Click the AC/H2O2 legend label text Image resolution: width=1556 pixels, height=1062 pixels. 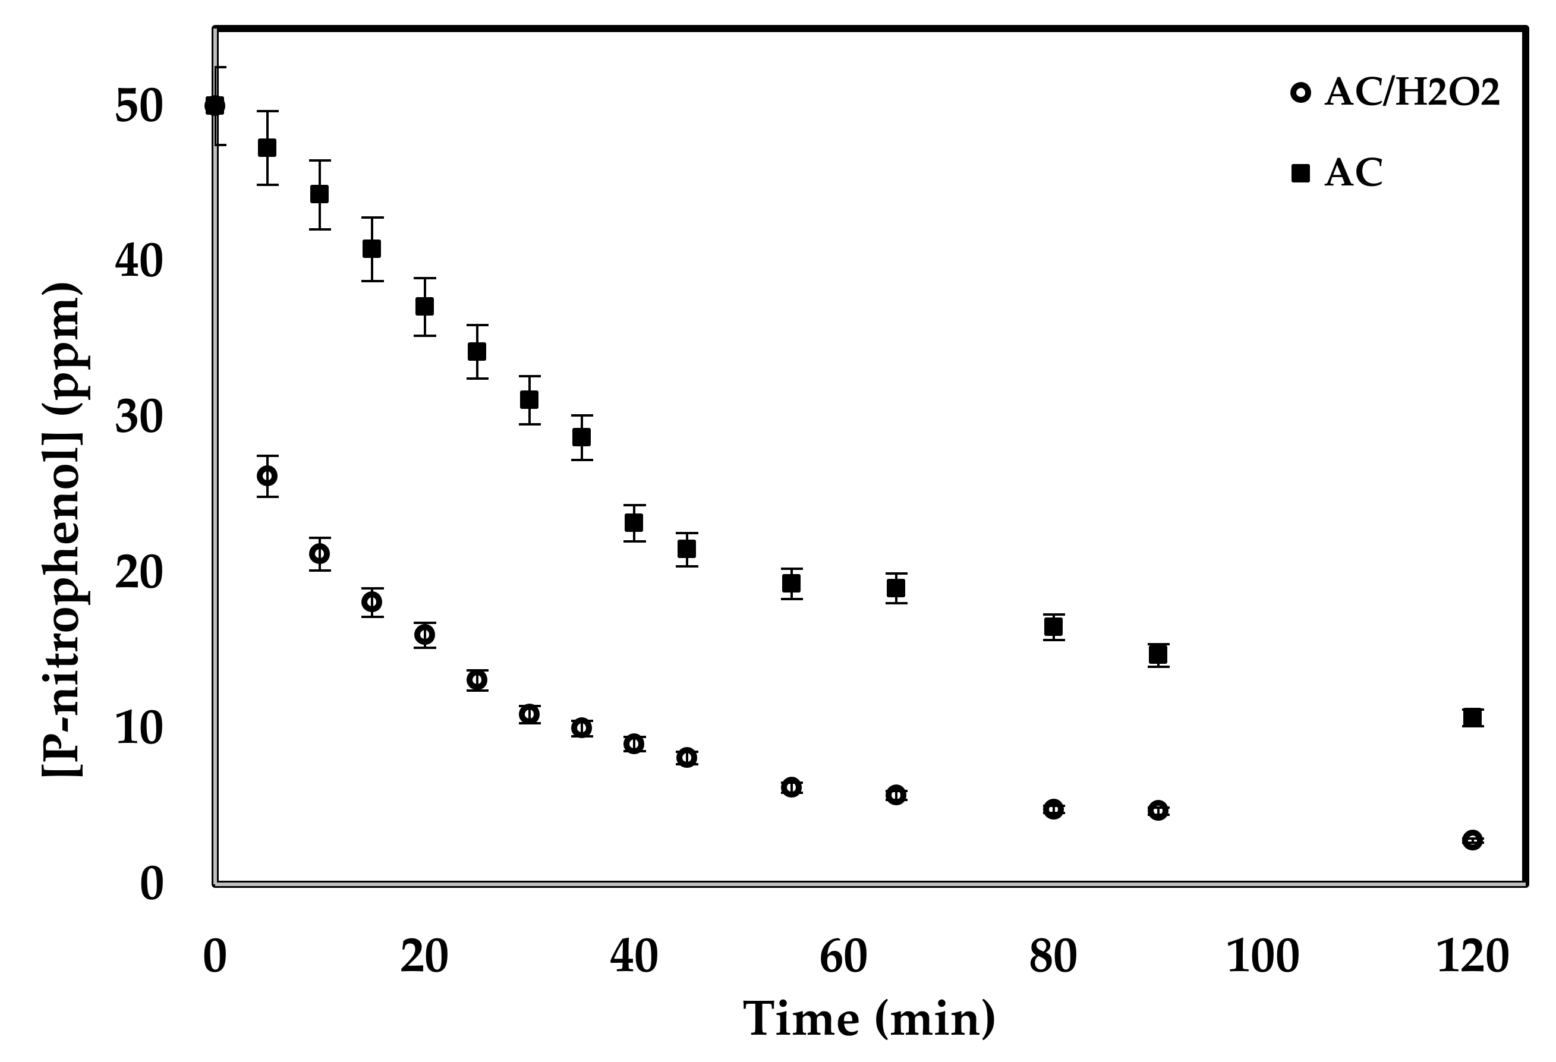(1412, 92)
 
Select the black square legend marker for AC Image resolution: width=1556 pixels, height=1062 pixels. (1300, 174)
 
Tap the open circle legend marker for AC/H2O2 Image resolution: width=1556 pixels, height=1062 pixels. (1300, 92)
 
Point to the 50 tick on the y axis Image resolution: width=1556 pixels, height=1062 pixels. (139, 106)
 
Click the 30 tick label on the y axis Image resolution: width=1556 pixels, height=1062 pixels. (139, 417)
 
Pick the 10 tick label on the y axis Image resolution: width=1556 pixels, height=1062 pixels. (139, 728)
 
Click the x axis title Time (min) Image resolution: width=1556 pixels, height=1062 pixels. (869, 1019)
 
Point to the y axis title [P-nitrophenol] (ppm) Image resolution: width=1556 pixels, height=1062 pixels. (63, 529)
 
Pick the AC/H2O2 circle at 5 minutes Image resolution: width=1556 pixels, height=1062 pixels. (267, 476)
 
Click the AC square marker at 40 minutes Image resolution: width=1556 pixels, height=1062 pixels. (634, 522)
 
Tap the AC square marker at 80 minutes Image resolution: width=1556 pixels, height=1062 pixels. (1054, 627)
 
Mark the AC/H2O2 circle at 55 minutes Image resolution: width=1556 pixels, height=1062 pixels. (792, 787)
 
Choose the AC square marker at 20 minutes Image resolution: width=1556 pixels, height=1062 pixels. (424, 306)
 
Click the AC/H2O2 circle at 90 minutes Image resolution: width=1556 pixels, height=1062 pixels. (1158, 810)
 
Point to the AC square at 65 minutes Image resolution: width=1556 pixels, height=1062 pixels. (896, 588)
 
